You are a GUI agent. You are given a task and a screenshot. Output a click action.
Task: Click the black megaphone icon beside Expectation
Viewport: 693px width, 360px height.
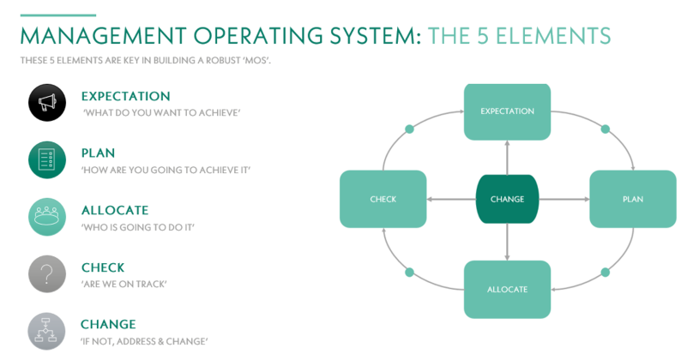pyautogui.click(x=47, y=103)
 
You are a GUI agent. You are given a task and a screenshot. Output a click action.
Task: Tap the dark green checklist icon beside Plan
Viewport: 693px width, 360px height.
pyautogui.click(x=47, y=160)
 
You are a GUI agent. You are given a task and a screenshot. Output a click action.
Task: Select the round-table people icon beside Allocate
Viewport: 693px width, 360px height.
pyautogui.click(x=47, y=217)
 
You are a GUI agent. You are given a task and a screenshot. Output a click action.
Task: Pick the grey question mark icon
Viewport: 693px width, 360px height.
pyautogui.click(x=47, y=274)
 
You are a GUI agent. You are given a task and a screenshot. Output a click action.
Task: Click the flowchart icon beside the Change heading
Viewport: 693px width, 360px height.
pyautogui.click(x=46, y=332)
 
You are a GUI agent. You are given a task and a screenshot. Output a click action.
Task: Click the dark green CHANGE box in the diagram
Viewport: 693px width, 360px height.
pyautogui.click(x=507, y=199)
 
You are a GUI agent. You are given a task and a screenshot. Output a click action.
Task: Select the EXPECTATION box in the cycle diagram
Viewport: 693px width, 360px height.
pyautogui.click(x=507, y=111)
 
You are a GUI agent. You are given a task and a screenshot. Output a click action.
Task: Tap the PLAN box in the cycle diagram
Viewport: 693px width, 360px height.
pyautogui.click(x=633, y=199)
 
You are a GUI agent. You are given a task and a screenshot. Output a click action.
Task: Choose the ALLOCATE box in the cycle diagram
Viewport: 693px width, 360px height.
pyautogui.click(x=507, y=290)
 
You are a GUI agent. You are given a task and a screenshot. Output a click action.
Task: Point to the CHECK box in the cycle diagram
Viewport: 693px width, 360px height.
pyautogui.click(x=383, y=199)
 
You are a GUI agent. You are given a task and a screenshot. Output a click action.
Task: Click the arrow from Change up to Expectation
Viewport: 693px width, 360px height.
pyautogui.click(x=507, y=158)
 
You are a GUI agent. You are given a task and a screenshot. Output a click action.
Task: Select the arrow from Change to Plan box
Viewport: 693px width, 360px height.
pyautogui.click(x=564, y=199)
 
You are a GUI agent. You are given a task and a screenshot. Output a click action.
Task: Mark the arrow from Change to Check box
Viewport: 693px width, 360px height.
pyautogui.click(x=451, y=199)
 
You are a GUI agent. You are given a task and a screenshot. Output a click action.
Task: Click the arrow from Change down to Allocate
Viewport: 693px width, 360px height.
pyautogui.click(x=507, y=242)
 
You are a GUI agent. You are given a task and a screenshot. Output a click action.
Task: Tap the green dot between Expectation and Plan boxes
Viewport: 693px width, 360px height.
pyautogui.click(x=606, y=129)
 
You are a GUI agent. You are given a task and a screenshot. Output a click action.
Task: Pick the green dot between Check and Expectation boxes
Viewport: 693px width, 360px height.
pyautogui.click(x=410, y=129)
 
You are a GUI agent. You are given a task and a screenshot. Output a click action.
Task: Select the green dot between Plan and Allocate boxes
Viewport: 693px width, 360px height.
pyautogui.click(x=606, y=272)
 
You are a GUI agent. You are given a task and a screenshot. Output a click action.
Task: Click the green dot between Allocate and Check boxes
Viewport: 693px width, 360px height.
pyautogui.click(x=410, y=272)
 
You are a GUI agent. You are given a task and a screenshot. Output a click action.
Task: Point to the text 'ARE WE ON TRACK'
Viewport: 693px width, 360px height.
pyautogui.click(x=124, y=284)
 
